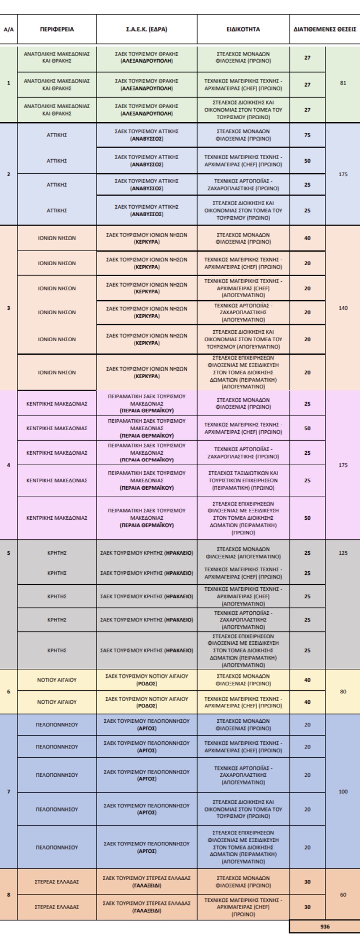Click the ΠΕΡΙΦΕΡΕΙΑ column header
click(x=57, y=29)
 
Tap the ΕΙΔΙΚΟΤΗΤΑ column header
click(x=243, y=29)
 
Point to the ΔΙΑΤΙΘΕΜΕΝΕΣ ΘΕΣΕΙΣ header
click(x=324, y=29)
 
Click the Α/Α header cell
click(x=8, y=29)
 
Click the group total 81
click(x=342, y=84)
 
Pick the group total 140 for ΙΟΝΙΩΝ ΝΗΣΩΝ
click(x=342, y=308)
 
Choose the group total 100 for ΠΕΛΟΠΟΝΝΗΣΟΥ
click(x=342, y=791)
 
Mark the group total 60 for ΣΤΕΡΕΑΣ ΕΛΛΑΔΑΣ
click(x=342, y=894)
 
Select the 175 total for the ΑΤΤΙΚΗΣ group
click(x=342, y=175)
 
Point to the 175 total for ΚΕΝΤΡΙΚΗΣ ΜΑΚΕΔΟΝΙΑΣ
click(x=342, y=465)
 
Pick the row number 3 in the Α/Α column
click(x=8, y=308)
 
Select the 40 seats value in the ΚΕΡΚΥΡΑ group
click(x=307, y=238)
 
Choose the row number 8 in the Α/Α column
click(x=8, y=894)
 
